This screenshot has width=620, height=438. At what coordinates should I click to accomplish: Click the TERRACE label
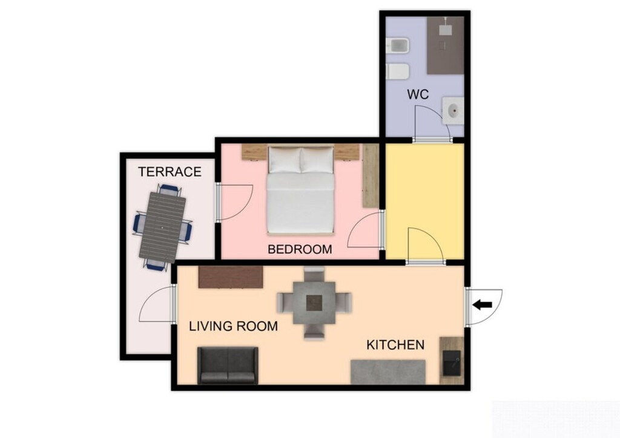(170, 172)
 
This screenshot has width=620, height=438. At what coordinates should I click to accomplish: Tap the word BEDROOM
(300, 249)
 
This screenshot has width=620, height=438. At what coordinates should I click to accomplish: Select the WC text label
(418, 95)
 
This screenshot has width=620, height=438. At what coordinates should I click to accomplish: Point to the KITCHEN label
(395, 345)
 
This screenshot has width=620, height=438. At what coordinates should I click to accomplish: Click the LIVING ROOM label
(233, 327)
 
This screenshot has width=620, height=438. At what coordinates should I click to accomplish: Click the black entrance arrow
(482, 305)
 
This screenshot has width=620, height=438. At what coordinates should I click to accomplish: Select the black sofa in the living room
(228, 365)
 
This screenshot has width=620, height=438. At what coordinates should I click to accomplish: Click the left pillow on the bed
(285, 160)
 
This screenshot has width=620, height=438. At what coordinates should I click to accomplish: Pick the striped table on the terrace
(163, 225)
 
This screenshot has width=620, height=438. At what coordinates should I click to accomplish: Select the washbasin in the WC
(453, 111)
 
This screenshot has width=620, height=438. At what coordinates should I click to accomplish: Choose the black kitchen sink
(451, 363)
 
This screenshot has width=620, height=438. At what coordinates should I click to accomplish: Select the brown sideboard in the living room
(231, 278)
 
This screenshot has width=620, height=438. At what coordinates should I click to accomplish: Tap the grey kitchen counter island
(388, 371)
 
